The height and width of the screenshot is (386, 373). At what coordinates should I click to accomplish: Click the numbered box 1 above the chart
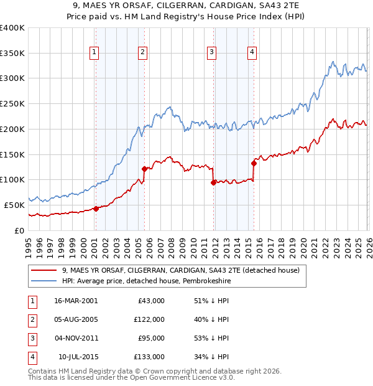pyautogui.click(x=95, y=52)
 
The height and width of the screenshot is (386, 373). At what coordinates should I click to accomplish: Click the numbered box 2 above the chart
pyautogui.click(x=143, y=52)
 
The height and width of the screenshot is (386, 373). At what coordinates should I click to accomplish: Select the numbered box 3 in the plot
pyautogui.click(x=212, y=52)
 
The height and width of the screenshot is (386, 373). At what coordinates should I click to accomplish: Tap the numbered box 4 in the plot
pyautogui.click(x=252, y=52)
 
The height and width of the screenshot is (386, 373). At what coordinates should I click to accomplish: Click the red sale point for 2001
pyautogui.click(x=96, y=209)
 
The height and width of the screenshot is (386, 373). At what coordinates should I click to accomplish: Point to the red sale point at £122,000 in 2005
pyautogui.click(x=144, y=168)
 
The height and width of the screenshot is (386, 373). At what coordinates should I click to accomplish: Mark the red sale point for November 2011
pyautogui.click(x=213, y=182)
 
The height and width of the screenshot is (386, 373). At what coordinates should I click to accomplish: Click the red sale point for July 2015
pyautogui.click(x=254, y=163)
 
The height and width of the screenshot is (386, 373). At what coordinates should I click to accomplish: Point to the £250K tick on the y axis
pyautogui.click(x=12, y=104)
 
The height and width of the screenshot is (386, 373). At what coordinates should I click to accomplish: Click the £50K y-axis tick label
pyautogui.click(x=14, y=205)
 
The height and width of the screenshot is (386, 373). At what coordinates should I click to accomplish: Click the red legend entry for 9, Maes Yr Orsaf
pyautogui.click(x=181, y=270)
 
